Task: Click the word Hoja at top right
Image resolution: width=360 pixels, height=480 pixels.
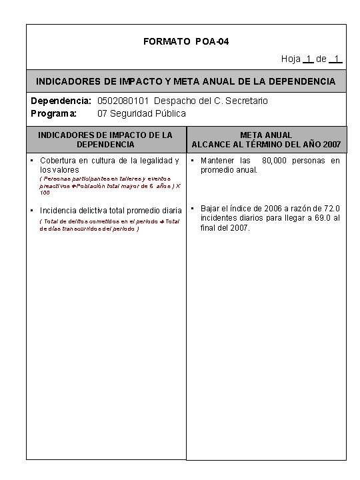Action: (x=291, y=59)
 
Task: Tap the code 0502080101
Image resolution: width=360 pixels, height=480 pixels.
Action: (x=123, y=101)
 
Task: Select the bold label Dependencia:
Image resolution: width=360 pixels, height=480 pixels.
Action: (x=61, y=101)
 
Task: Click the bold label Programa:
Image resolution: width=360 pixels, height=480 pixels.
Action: (x=55, y=113)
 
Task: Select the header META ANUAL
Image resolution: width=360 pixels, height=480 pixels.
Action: (x=266, y=135)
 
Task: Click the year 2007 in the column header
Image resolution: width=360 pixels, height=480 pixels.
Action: (x=331, y=145)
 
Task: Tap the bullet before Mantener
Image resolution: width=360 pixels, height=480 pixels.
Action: (x=192, y=160)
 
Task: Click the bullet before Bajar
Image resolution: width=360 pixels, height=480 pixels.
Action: (x=192, y=208)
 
